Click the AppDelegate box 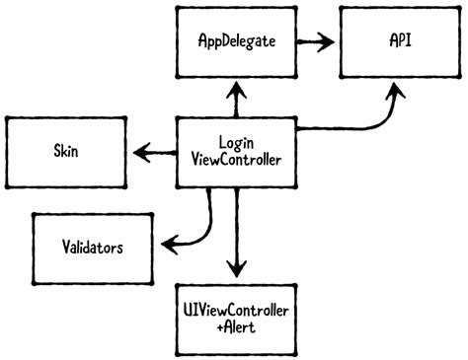(235, 43)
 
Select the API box (400, 43)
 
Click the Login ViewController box (235, 152)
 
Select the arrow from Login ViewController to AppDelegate (235, 99)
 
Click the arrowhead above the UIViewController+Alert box (235, 268)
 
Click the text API (400, 43)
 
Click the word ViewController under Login (235, 160)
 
